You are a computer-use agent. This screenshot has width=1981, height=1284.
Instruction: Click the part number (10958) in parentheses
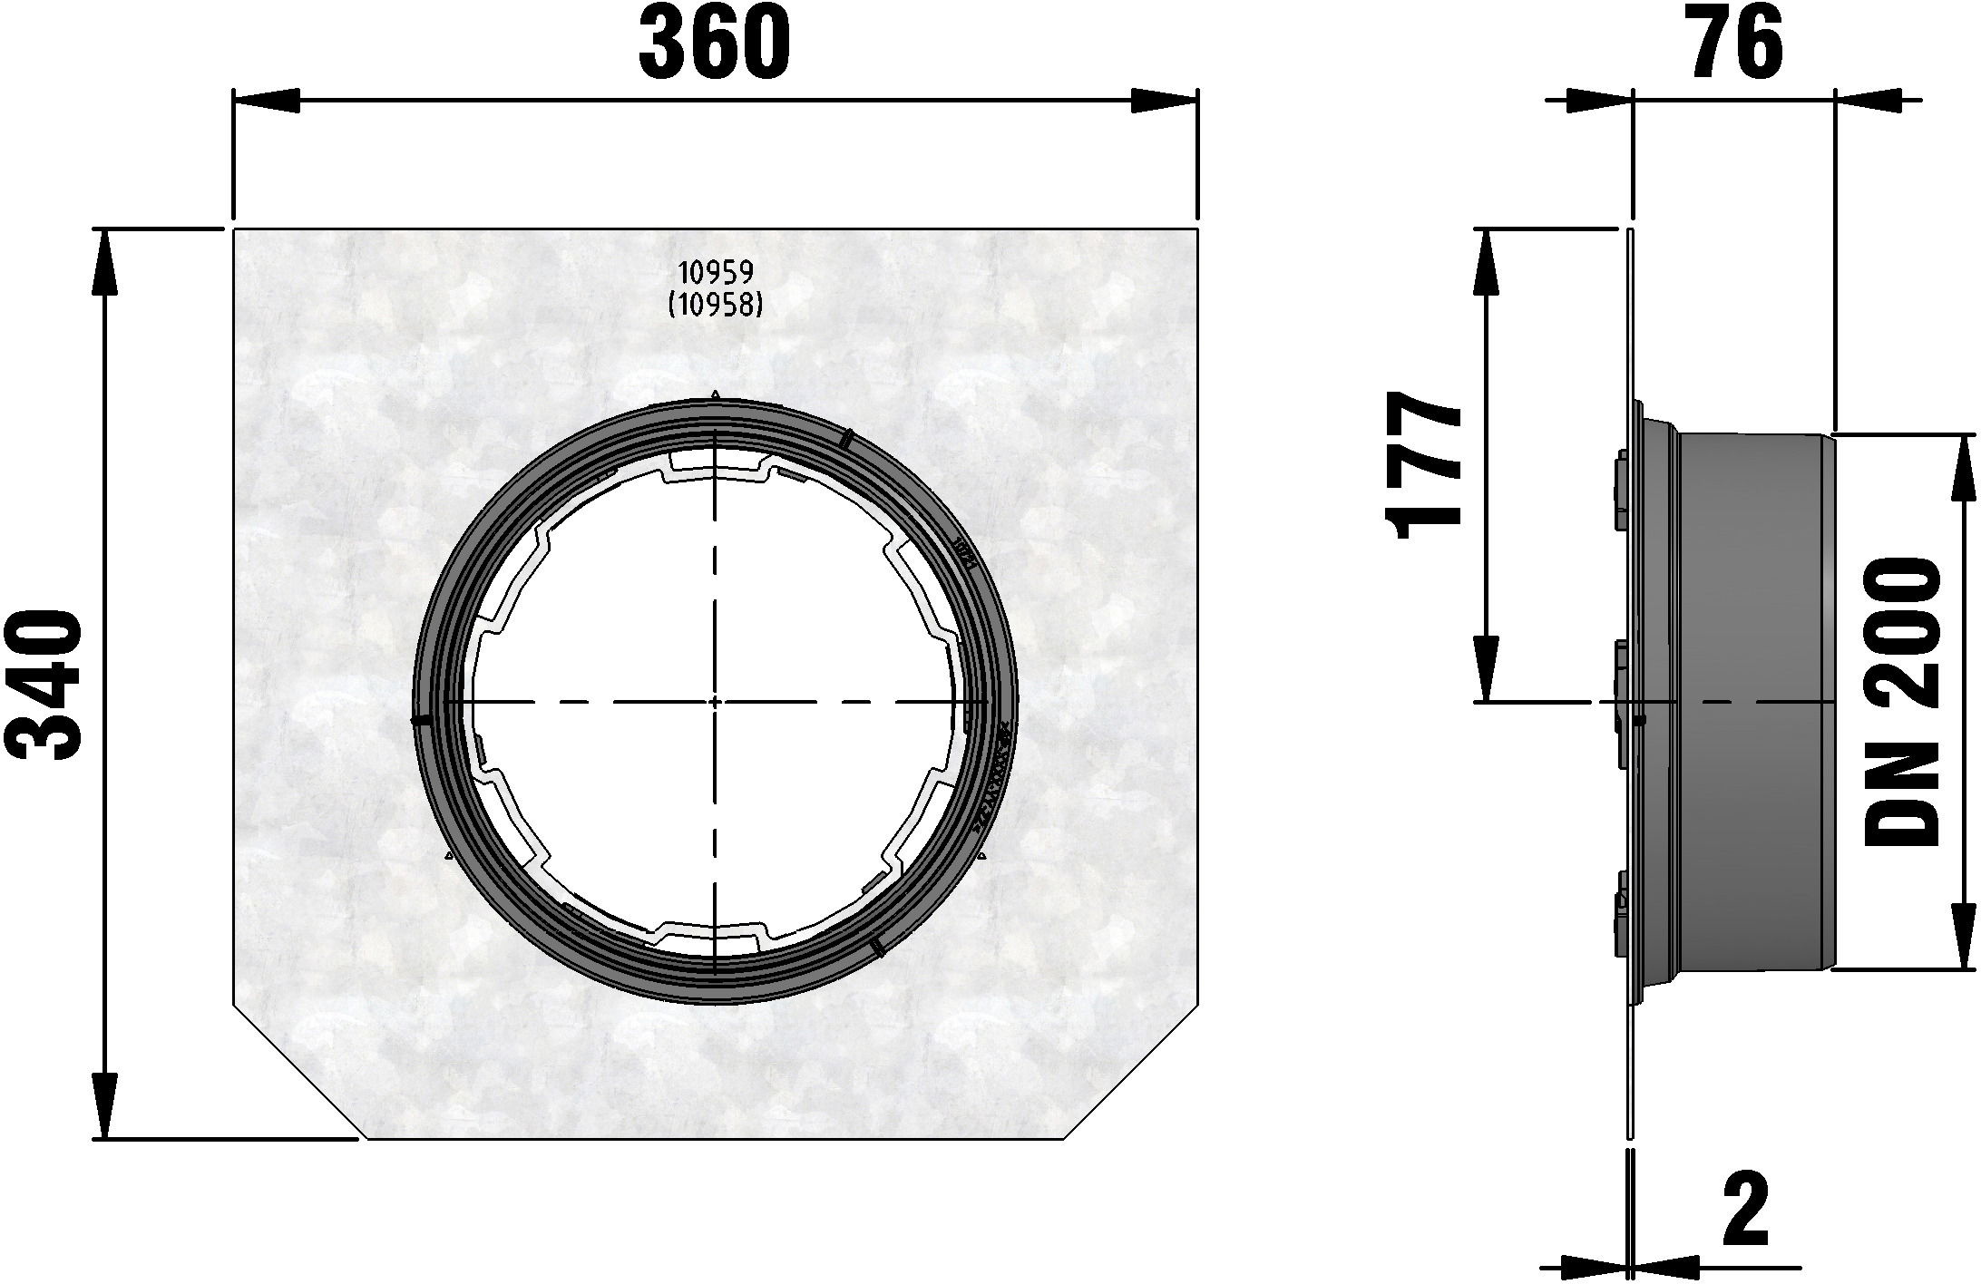click(716, 306)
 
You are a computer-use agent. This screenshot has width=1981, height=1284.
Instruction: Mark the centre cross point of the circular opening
click(716, 701)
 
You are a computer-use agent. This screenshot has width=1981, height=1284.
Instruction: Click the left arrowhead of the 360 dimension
click(263, 102)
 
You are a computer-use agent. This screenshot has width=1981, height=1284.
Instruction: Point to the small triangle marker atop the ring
click(716, 394)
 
